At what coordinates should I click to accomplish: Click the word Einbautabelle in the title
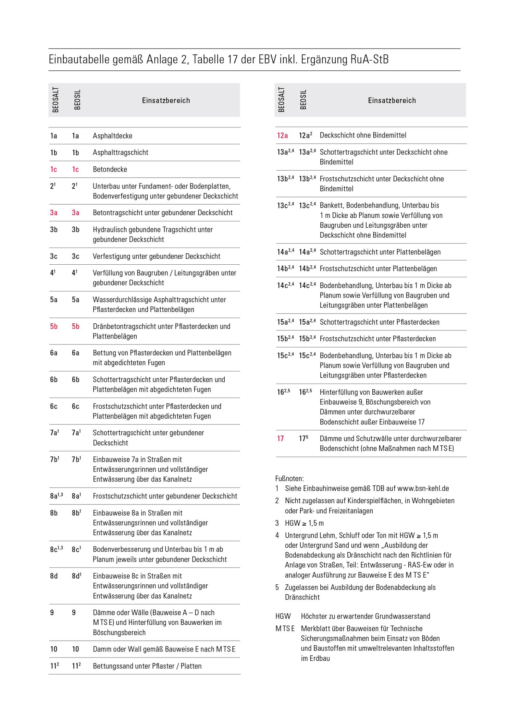(x=79, y=59)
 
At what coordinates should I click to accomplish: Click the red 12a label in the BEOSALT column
(x=282, y=136)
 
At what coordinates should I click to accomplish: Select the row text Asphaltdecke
(x=112, y=136)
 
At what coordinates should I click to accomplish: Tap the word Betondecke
(x=110, y=169)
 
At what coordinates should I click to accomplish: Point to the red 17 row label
(x=280, y=438)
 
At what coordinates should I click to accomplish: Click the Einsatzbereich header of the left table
(x=166, y=101)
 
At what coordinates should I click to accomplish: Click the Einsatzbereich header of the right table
(x=392, y=101)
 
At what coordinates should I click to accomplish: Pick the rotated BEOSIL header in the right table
(x=303, y=100)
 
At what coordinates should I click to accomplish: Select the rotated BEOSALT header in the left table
(x=56, y=100)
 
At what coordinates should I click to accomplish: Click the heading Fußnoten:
(x=290, y=478)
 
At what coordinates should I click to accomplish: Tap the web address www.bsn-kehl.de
(x=423, y=488)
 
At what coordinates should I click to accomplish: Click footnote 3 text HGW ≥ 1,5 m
(x=304, y=523)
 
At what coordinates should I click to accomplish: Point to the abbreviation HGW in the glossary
(x=283, y=616)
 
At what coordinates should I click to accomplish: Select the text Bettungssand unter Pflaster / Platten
(x=147, y=666)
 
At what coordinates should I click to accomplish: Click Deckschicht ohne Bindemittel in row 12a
(x=363, y=135)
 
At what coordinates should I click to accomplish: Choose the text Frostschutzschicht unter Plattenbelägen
(x=378, y=269)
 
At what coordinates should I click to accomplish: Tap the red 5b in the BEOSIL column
(x=75, y=327)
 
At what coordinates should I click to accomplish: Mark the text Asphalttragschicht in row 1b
(x=120, y=152)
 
